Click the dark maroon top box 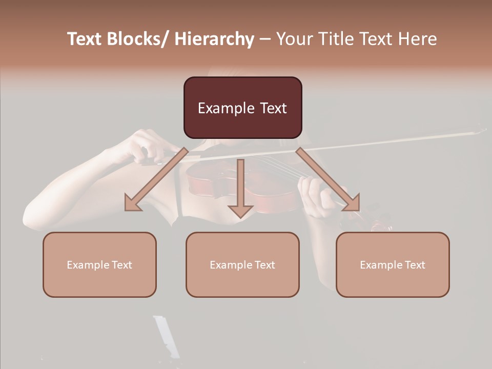pos(242,108)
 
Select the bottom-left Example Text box pos(99,264)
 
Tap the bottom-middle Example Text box pos(242,264)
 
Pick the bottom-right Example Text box pos(393,264)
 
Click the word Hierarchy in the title pos(214,39)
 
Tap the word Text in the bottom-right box pos(414,264)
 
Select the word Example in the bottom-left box pos(88,264)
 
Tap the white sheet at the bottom pos(167,336)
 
